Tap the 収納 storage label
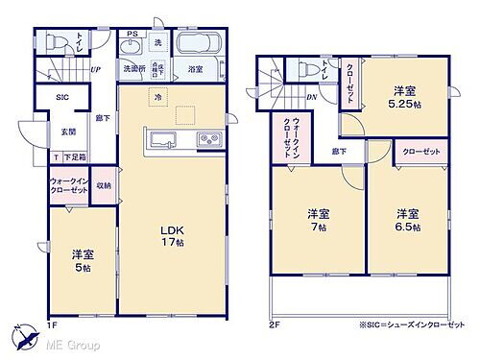point(104,185)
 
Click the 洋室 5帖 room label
point(81,260)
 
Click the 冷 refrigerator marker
point(156,98)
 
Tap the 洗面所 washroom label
point(132,69)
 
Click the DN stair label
point(312,96)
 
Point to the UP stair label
point(96,69)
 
